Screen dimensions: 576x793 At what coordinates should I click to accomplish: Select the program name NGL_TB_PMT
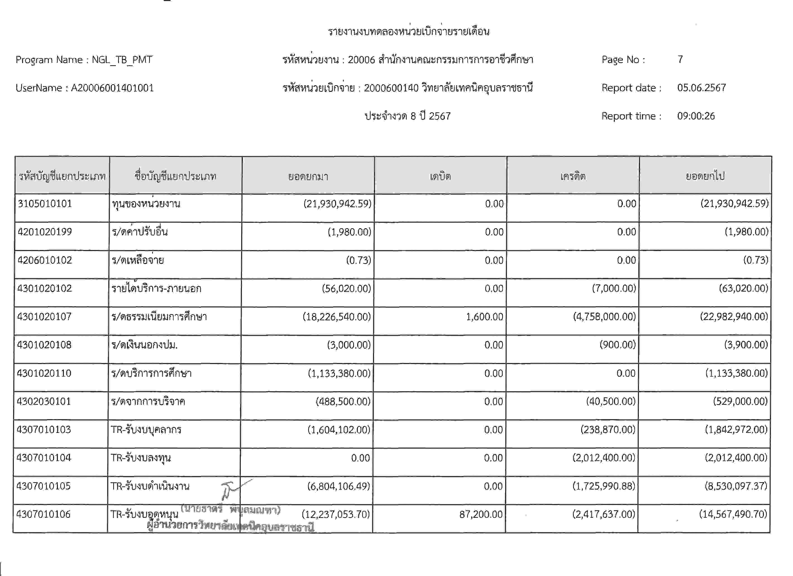122,60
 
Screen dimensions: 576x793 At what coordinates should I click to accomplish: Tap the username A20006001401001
112,88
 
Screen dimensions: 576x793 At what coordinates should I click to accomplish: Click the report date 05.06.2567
701,88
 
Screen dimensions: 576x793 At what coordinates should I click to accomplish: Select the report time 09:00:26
696,116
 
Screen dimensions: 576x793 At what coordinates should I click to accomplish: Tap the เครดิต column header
573,176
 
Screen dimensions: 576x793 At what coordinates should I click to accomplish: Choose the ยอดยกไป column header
705,176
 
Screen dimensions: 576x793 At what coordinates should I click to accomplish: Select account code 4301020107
44,317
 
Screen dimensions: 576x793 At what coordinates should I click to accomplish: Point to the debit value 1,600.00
484,317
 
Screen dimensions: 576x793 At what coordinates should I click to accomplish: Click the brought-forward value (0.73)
358,260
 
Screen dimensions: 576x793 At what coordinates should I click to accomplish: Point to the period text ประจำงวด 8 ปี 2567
408,116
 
